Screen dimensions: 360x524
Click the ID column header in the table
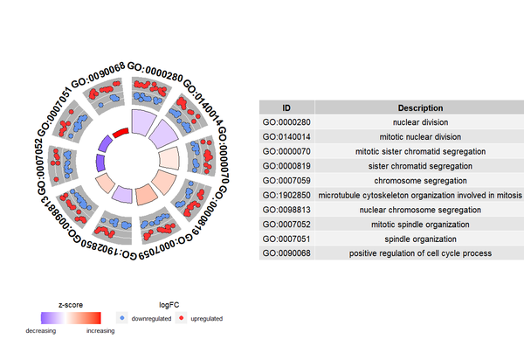point(286,107)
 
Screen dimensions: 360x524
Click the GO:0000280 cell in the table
point(286,121)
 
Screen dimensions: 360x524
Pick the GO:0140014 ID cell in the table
point(286,136)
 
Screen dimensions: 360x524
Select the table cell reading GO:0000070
point(286,151)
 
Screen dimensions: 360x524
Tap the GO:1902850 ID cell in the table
point(286,195)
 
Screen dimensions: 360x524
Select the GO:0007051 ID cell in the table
point(286,239)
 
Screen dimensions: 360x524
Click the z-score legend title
point(71,304)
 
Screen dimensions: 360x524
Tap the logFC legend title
point(168,304)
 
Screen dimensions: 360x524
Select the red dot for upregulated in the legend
point(181,319)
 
